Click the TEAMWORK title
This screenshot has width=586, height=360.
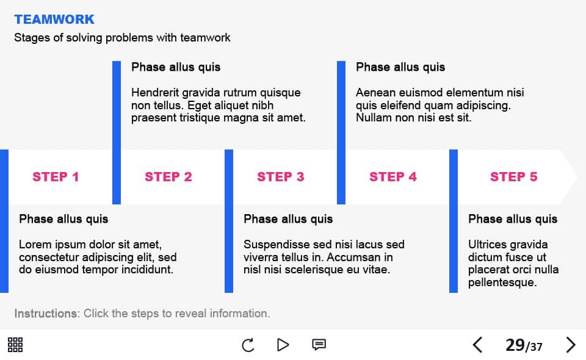point(54,20)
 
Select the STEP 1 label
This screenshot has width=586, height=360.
point(56,176)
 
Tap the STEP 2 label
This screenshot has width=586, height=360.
point(168,176)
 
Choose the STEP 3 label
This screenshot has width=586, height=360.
point(281,176)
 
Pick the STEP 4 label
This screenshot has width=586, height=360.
point(392,176)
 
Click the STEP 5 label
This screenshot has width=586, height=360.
point(513,176)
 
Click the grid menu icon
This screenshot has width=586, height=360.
point(15,345)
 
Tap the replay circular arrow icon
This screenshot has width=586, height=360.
point(248,345)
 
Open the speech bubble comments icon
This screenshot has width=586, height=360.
point(319,344)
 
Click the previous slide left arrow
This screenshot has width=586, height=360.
point(477,345)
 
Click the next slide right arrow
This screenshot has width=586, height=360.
point(570,345)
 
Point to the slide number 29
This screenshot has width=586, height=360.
point(515,345)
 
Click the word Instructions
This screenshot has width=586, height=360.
point(46,313)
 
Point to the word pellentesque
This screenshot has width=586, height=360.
point(502,283)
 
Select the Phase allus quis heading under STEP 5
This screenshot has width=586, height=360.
point(513,219)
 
